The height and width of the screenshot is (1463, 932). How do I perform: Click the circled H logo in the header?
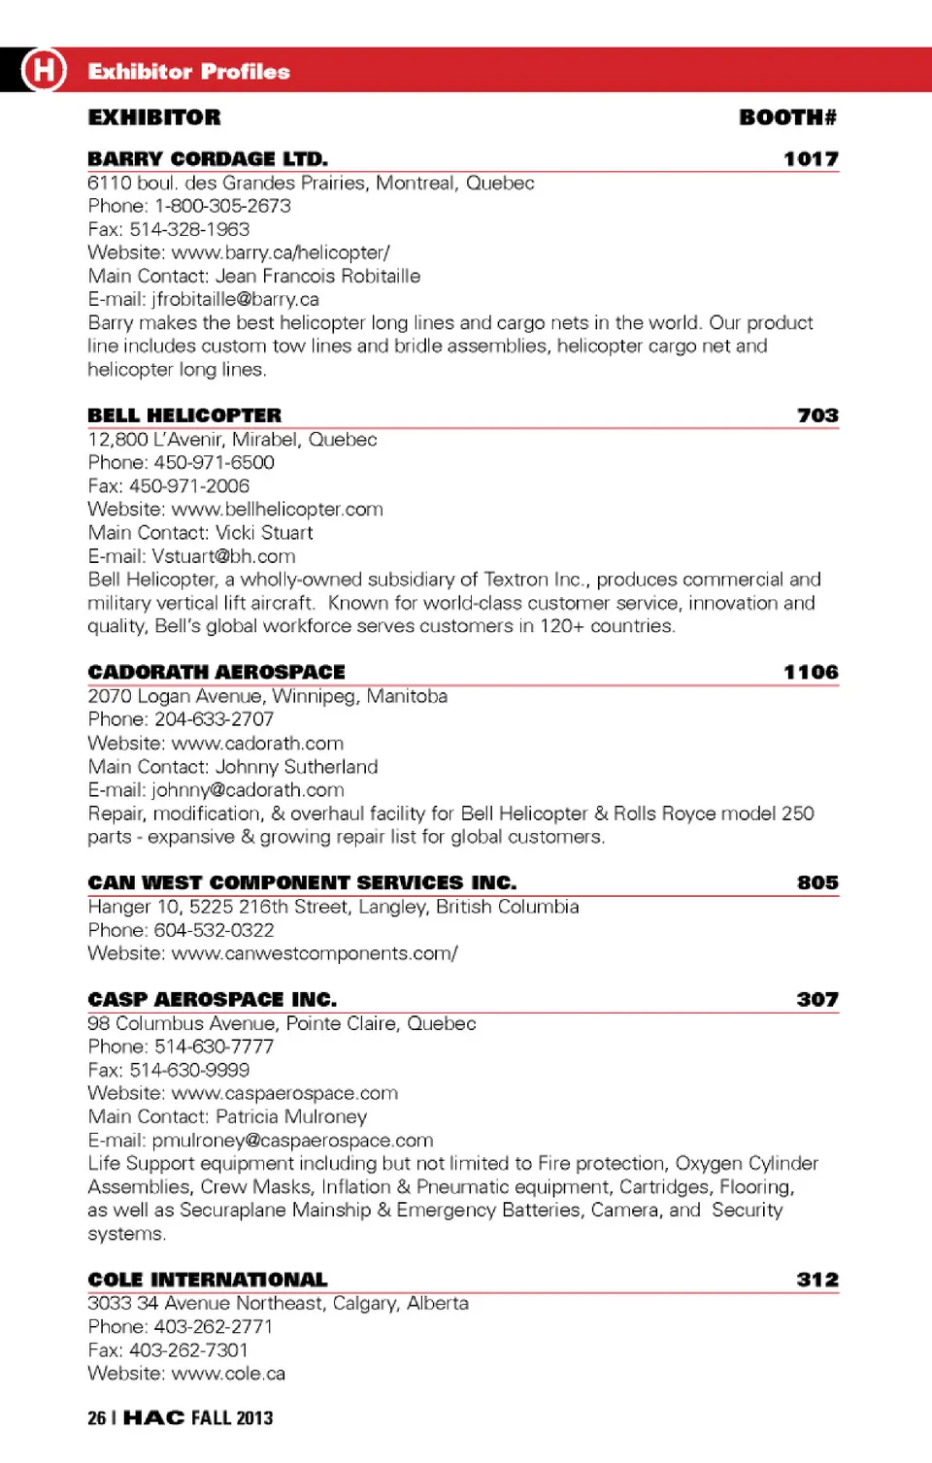[44, 70]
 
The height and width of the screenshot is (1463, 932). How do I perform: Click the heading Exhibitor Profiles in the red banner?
[188, 72]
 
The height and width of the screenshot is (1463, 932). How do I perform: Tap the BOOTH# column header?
[787, 117]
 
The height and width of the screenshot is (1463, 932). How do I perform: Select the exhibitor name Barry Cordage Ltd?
[208, 159]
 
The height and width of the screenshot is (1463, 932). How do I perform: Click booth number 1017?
[811, 159]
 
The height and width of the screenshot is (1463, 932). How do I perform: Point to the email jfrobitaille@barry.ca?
[235, 299]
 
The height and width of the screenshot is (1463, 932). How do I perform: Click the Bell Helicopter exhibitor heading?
[184, 416]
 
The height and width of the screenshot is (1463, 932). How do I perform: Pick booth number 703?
[817, 416]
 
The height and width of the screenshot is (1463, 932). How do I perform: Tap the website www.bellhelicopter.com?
[277, 509]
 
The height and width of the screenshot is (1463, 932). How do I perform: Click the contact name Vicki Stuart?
[264, 532]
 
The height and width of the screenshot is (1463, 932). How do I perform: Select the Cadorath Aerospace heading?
[216, 672]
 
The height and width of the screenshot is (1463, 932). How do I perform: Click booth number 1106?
[811, 672]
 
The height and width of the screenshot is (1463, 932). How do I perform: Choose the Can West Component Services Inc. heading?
[302, 882]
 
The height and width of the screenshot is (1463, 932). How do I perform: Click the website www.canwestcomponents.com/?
[315, 953]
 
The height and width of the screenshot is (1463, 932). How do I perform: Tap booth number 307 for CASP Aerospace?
[817, 999]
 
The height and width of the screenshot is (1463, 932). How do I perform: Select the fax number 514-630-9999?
[189, 1070]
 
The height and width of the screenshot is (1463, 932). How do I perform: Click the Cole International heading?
[208, 1280]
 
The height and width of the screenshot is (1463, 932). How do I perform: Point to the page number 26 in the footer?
[96, 1418]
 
